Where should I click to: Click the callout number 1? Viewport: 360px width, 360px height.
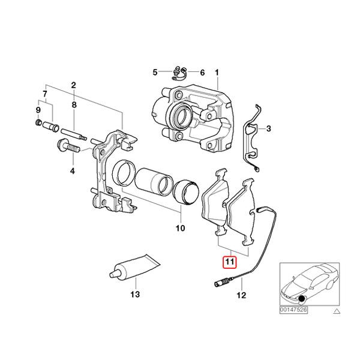pos(217,73)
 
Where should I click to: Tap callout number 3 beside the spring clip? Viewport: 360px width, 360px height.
pos(269,129)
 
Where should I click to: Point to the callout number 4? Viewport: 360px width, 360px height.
pos(72,172)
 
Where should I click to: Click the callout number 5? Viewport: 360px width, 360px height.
pos(154,73)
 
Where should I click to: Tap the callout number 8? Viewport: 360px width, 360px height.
pos(73,105)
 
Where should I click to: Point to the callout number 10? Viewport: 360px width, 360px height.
pos(180,229)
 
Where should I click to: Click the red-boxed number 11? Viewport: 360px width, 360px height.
pos(229,262)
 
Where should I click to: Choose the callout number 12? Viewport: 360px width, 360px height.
pos(241,295)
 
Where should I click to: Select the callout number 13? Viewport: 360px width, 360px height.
pos(134,295)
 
